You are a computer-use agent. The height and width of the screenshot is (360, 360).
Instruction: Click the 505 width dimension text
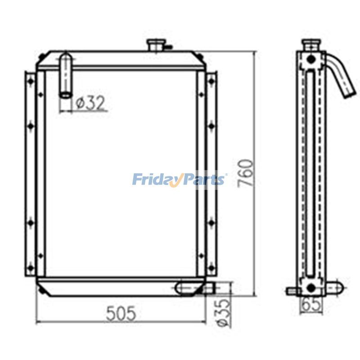coord(121,313)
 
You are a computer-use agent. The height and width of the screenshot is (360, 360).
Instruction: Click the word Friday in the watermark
coord(155,180)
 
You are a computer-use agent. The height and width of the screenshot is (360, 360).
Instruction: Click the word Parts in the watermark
coord(202,180)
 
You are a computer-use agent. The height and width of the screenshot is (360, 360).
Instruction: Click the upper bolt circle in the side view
coord(311,58)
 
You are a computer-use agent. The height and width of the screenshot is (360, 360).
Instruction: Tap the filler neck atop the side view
coord(311,45)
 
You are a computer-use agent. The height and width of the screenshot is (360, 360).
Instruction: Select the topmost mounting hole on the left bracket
coord(31,81)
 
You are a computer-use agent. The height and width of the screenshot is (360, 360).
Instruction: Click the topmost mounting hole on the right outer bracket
coord(211,81)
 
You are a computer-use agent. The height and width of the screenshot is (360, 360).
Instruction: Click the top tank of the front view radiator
coord(121,60)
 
